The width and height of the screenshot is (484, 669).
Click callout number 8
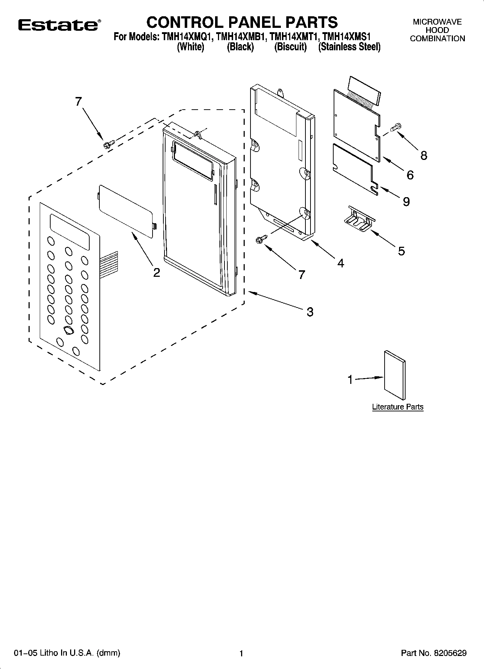424,156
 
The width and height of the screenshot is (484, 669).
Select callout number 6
410,175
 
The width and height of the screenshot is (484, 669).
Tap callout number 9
406,202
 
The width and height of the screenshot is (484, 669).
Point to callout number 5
401,251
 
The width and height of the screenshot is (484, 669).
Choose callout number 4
340,263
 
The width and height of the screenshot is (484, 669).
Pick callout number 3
310,312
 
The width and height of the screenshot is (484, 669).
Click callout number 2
156,272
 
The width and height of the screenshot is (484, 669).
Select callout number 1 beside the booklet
350,380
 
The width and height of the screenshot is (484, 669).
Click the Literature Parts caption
398,407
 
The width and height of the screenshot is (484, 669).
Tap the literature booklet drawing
395,375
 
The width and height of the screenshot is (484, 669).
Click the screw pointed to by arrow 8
396,127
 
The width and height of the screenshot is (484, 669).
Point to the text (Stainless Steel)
349,47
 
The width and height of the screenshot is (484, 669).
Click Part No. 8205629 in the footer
434,653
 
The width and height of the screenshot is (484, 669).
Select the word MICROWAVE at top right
437,22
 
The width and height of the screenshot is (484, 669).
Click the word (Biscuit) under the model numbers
290,47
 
